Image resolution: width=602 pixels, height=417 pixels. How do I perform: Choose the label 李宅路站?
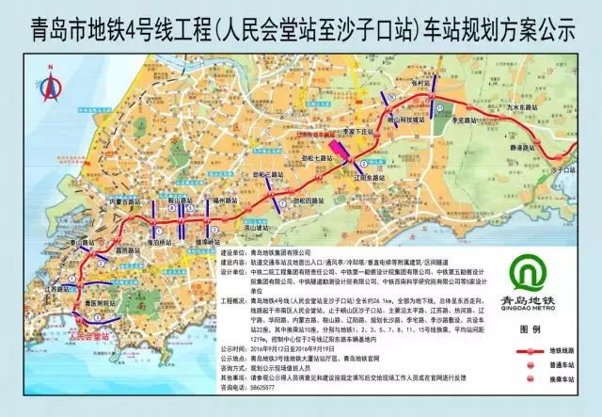pyautogui.click(x=467, y=121)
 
